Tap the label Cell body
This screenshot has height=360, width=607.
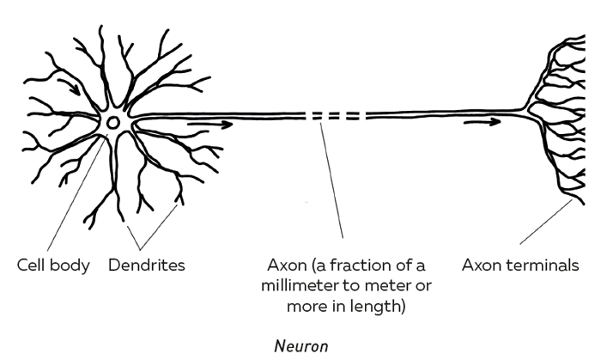53,265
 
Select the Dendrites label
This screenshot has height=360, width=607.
147,265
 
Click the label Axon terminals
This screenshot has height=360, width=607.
519,265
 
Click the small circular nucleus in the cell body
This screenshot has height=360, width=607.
113,123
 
